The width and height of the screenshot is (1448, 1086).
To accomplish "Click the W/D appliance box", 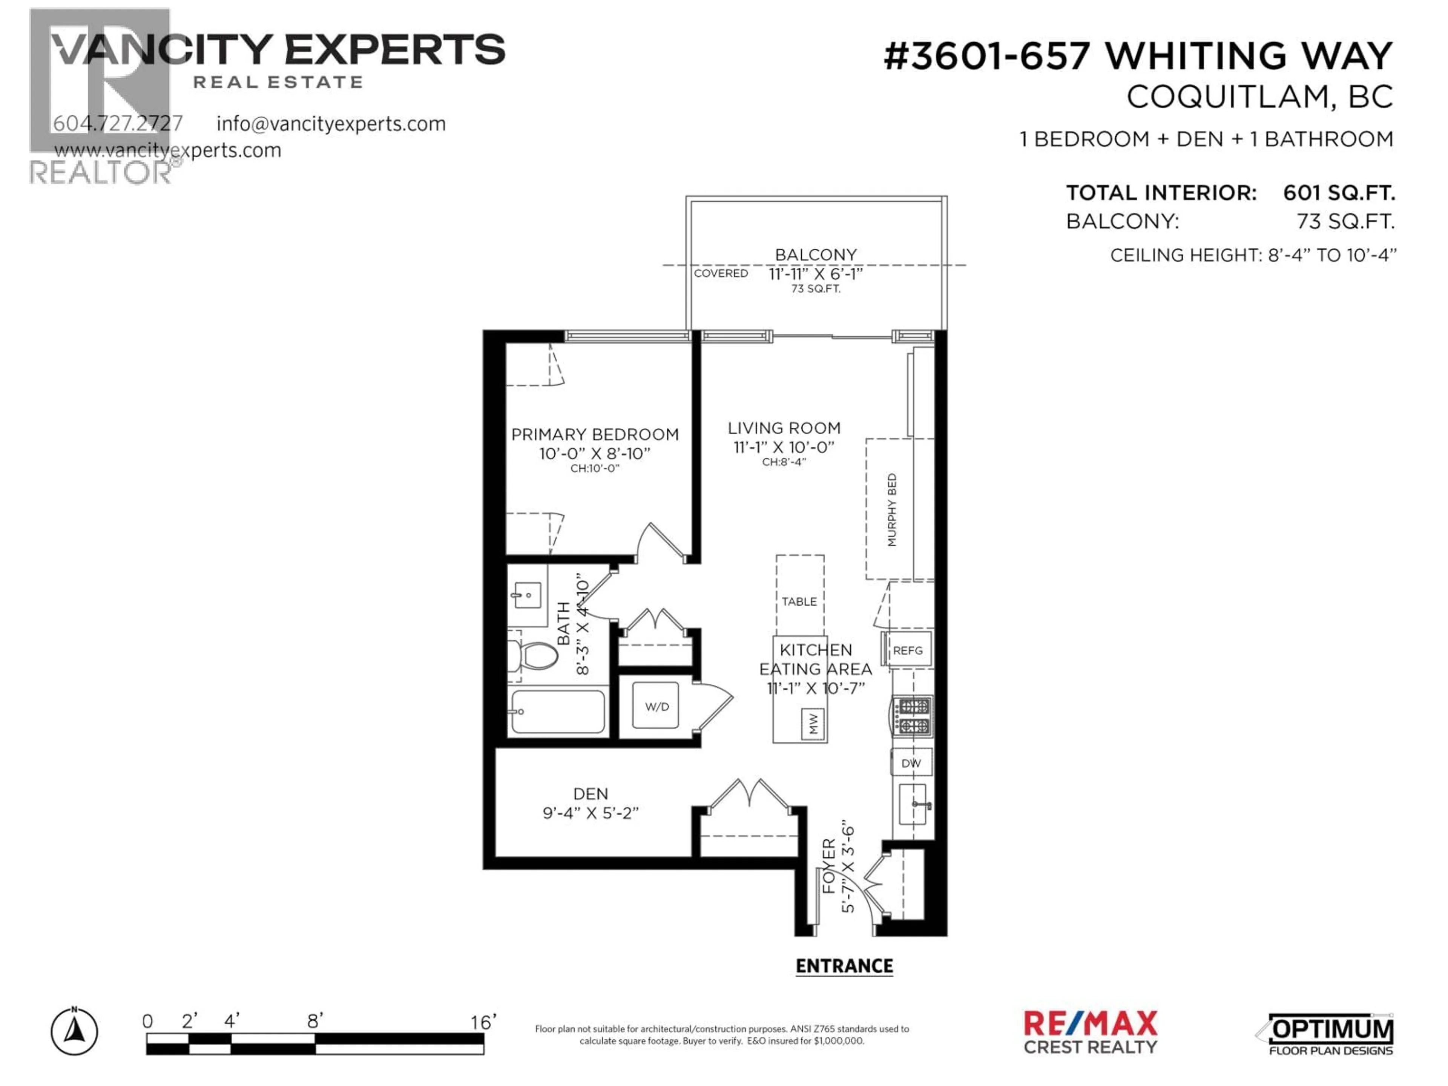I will click(657, 706).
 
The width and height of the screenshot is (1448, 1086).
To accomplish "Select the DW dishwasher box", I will click(911, 762).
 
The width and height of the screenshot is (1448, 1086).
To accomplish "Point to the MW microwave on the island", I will click(813, 723).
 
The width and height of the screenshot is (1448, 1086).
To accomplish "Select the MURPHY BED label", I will click(891, 510).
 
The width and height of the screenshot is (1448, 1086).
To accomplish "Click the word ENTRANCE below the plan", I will click(844, 966).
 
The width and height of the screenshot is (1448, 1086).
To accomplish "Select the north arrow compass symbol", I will click(75, 1032).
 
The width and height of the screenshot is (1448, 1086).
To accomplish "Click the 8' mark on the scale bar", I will click(315, 1021).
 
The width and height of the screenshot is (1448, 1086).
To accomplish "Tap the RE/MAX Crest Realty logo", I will click(1090, 1032).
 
